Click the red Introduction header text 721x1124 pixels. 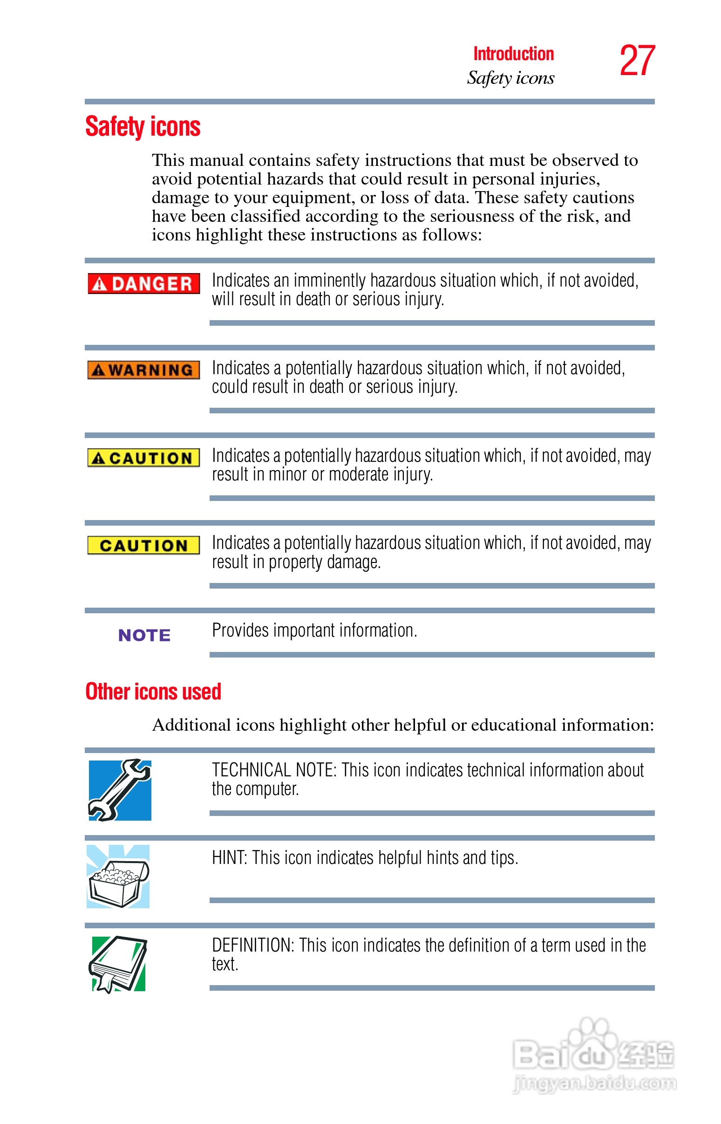point(513,54)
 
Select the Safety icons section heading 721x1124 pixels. point(143,126)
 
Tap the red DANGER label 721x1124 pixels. point(144,283)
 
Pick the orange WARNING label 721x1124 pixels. point(144,370)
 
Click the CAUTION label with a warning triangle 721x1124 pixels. point(144,458)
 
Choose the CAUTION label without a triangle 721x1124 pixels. point(144,545)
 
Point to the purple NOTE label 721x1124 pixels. point(144,635)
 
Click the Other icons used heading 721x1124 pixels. point(153,692)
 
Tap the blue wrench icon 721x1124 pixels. point(120,790)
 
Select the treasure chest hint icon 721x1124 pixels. point(118,876)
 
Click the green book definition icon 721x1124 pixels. point(118,963)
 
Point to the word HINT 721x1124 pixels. point(229,858)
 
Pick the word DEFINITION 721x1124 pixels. point(252,946)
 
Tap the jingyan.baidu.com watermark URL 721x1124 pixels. point(595,1083)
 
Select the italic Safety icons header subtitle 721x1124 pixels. point(510,78)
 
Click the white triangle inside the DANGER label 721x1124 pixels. point(99,284)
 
